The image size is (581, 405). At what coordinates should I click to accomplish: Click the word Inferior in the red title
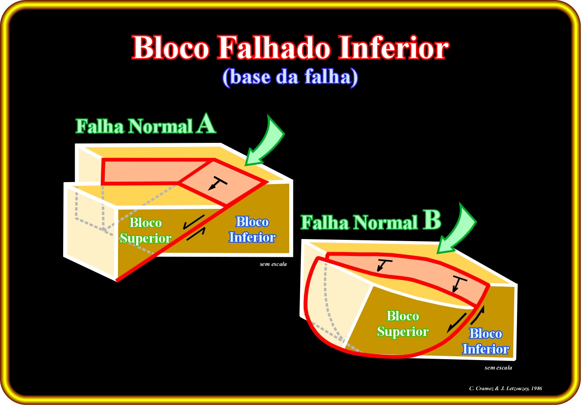point(394,47)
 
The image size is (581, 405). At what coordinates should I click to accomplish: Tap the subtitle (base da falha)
point(290,77)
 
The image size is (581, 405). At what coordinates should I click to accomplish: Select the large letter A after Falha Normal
point(206,124)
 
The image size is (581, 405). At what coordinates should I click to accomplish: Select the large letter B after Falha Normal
point(432,220)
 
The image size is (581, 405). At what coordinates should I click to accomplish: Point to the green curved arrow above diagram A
point(267,144)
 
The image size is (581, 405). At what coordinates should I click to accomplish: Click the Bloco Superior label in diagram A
point(146,230)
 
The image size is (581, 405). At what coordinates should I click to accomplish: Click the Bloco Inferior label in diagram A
point(253,230)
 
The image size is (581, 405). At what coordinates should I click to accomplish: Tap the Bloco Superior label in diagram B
point(403,324)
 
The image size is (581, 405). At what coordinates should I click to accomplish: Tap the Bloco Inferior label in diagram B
point(486,341)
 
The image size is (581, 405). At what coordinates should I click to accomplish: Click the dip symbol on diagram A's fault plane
point(217,182)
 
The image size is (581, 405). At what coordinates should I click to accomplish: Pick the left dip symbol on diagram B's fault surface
point(384,265)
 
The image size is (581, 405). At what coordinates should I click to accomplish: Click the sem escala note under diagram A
point(273,264)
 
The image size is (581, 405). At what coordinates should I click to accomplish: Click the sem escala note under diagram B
point(498,368)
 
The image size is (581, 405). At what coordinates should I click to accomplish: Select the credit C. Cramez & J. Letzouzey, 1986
point(505,388)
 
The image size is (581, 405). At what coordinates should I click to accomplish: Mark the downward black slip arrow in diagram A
point(194,222)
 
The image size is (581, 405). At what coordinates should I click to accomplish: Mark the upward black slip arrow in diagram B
point(477,315)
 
